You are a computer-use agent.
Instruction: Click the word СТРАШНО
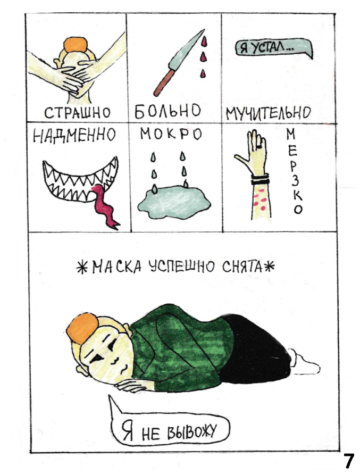tap(78, 113)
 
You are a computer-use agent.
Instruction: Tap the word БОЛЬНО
tap(168, 111)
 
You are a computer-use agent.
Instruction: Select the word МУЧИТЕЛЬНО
tap(269, 113)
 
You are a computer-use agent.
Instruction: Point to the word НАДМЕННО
tap(74, 135)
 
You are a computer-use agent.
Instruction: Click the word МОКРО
tap(171, 134)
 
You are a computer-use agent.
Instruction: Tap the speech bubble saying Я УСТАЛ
tap(273, 48)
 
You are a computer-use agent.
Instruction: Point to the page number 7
tap(348, 461)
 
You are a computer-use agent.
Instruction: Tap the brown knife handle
tap(163, 82)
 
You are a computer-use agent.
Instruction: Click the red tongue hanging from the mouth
tap(104, 205)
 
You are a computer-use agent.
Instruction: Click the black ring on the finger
tap(259, 147)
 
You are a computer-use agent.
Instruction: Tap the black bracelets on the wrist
tap(259, 180)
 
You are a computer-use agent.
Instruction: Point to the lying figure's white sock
tap(304, 362)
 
